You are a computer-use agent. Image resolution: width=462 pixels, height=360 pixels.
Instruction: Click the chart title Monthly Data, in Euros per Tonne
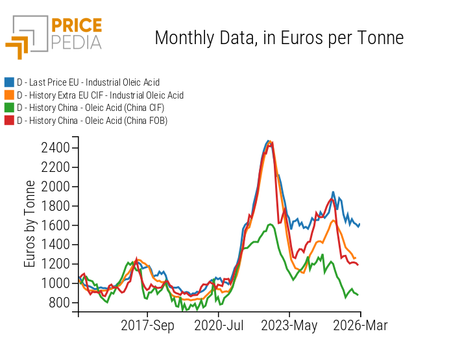coord(279,38)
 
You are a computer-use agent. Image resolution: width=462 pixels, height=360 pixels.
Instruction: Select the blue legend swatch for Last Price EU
coord(9,82)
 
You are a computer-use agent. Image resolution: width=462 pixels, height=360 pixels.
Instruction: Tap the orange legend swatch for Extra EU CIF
coord(9,95)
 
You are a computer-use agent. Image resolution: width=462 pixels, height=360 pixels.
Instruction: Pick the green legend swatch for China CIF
coord(9,108)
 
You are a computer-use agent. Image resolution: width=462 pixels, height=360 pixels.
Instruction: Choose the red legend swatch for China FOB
coord(9,120)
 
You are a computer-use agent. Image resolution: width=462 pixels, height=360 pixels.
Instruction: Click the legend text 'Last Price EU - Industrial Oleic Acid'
coord(88,82)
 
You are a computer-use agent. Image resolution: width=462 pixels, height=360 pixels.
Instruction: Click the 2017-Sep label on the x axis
coord(148,326)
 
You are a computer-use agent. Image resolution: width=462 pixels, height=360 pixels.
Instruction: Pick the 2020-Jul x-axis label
coord(219,326)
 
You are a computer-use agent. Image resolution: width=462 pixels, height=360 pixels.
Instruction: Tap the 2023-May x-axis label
coord(289,326)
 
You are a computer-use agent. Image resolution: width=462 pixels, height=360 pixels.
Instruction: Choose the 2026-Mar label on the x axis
coord(360,326)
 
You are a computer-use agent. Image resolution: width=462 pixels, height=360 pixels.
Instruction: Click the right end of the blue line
coord(359,224)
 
